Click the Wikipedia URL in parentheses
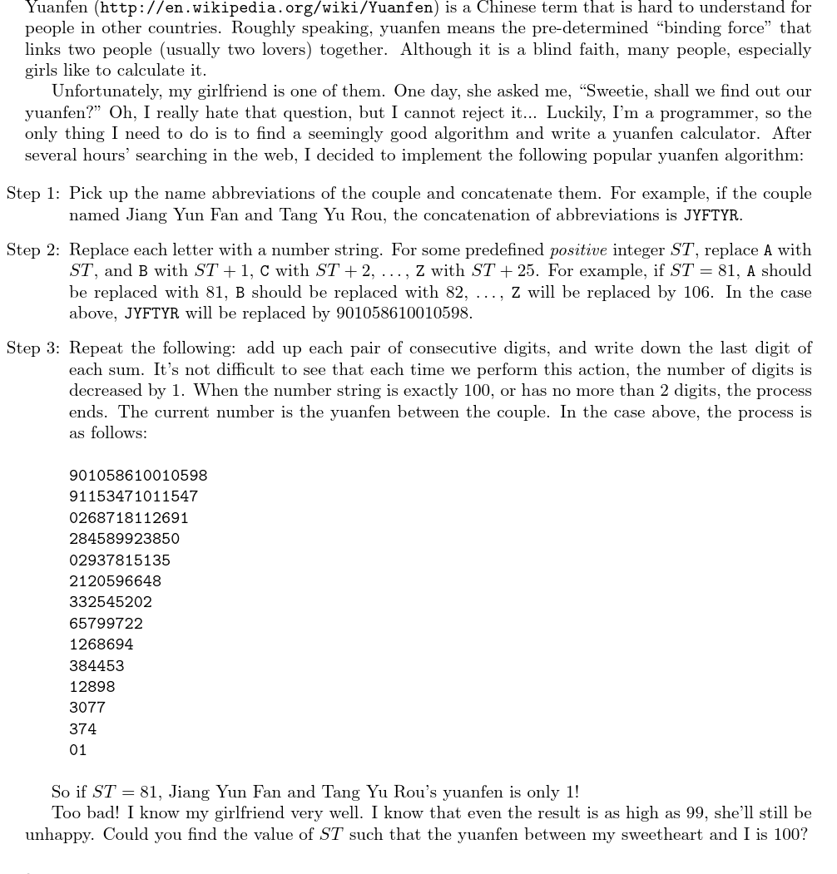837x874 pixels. point(266,8)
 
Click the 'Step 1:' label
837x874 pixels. point(33,194)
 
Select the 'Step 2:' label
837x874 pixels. point(33,250)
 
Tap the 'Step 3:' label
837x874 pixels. point(33,348)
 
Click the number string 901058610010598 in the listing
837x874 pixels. point(138,476)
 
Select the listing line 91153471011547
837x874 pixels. point(133,496)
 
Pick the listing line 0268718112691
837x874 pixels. point(129,518)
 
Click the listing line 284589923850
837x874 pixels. point(124,539)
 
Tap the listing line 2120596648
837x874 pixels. point(115,581)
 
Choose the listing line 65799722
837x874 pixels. point(106,624)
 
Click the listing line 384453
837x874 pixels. point(97,666)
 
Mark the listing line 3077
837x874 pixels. point(87,708)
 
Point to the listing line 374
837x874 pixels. point(82,729)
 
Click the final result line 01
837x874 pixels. point(78,750)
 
